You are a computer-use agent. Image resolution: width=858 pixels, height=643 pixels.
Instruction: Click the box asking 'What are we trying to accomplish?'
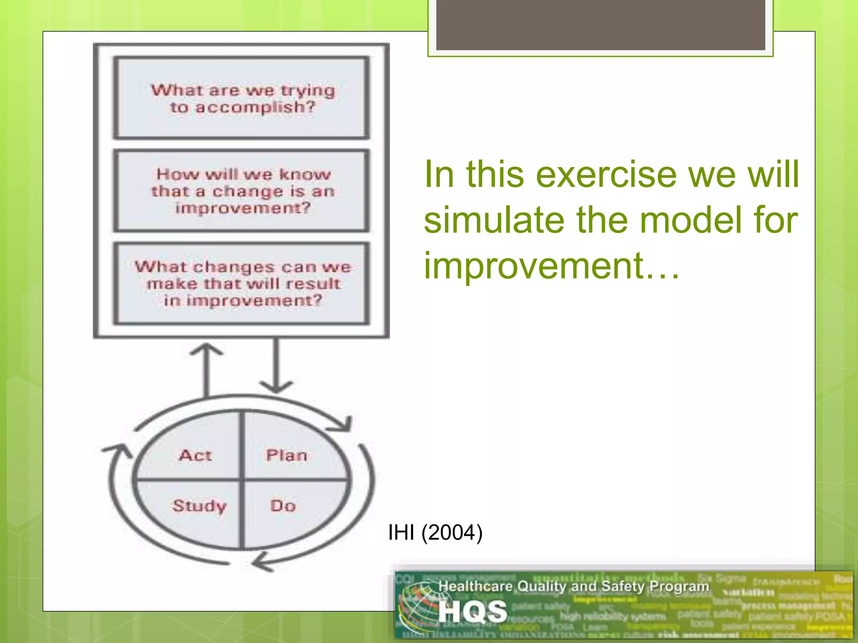click(x=242, y=98)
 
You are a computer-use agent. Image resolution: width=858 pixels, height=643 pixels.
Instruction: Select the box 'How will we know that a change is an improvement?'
click(x=242, y=191)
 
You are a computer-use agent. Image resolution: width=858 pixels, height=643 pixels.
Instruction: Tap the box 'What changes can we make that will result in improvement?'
click(x=242, y=283)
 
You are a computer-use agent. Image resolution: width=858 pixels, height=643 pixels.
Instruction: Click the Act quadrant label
click(x=195, y=455)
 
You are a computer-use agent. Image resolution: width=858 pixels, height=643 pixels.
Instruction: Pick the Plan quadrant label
click(x=287, y=455)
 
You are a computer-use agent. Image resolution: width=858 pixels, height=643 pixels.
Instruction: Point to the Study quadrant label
click(x=199, y=506)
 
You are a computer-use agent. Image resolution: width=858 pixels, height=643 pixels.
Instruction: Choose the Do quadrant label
click(x=283, y=506)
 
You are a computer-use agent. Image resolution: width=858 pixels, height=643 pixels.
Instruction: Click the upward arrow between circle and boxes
click(x=206, y=368)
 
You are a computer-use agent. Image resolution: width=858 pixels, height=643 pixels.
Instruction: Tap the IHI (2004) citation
click(x=435, y=532)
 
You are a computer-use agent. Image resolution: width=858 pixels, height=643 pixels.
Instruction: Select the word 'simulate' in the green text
click(x=495, y=220)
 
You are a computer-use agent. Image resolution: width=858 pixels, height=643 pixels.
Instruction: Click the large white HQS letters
click(x=473, y=612)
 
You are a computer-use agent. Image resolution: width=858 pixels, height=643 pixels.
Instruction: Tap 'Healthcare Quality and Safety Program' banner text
click(x=574, y=586)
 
